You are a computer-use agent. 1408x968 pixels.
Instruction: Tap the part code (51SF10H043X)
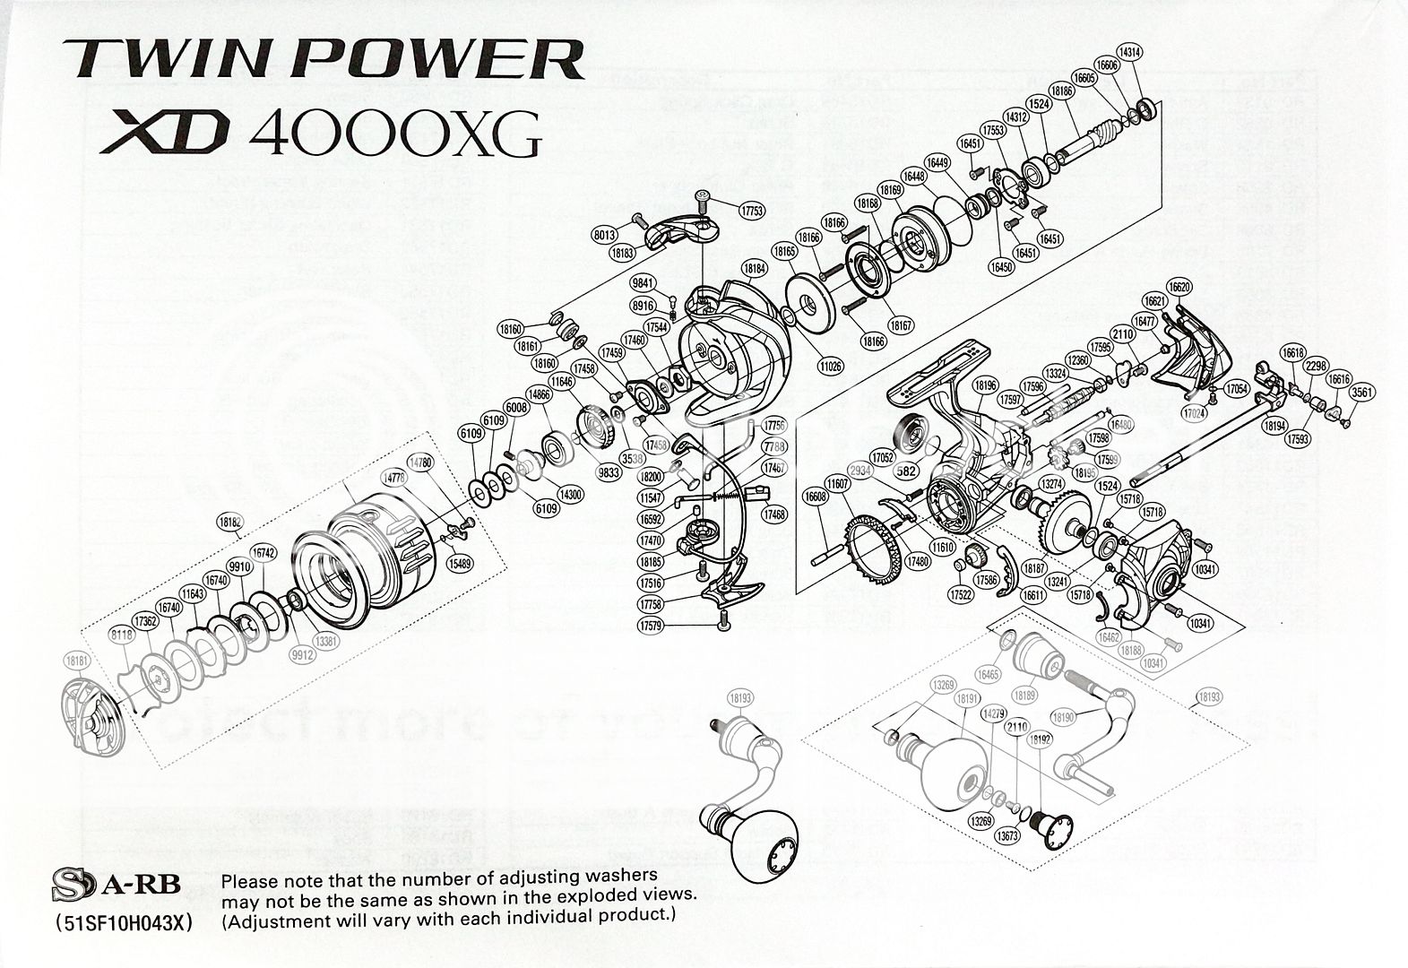(x=123, y=923)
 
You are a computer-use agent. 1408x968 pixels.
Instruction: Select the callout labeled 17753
(x=752, y=212)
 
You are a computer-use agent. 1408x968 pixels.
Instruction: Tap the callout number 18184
(x=754, y=268)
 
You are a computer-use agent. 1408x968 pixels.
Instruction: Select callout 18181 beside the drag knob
(x=79, y=661)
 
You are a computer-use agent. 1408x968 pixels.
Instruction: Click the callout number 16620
(x=1180, y=287)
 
